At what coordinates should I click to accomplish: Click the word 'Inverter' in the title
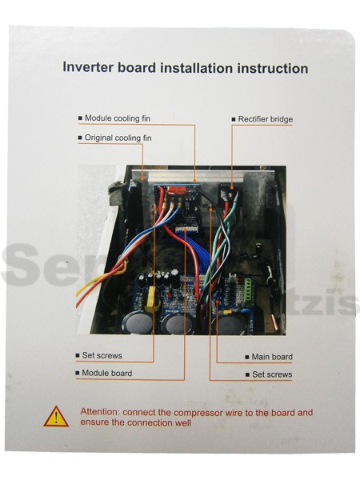pos(88,67)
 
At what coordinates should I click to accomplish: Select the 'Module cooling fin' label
pos(118,118)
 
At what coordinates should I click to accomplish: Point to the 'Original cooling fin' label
pos(118,138)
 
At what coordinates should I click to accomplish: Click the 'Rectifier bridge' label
pos(266,119)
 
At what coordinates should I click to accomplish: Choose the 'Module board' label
pos(107,373)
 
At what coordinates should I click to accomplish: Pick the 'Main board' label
pos(272,357)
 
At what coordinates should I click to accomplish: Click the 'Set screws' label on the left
pos(102,355)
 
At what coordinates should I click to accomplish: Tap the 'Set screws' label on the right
pos(272,374)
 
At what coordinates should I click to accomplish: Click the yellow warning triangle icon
pos(56,417)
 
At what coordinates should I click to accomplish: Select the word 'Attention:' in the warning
pos(100,412)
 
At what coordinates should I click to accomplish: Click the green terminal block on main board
pos(248,288)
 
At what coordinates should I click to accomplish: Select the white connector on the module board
pos(186,230)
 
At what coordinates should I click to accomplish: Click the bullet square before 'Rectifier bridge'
pos(234,119)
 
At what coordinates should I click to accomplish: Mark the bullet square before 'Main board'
pos(247,357)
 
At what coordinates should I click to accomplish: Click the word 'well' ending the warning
pos(184,422)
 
